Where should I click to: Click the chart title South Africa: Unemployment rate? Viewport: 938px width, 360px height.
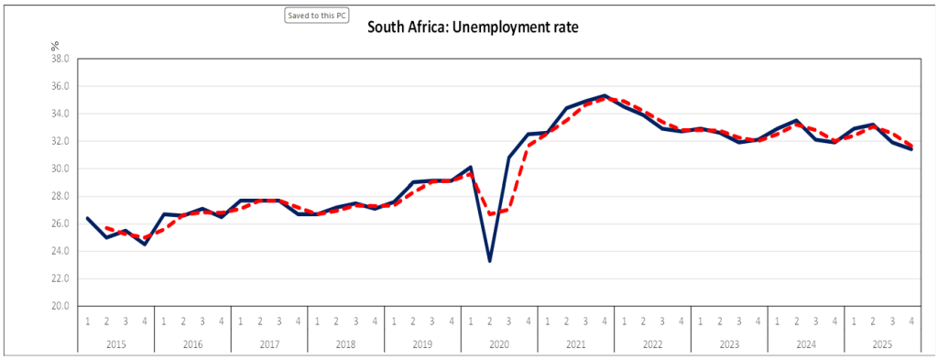473,27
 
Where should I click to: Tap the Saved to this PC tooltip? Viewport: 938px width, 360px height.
316,16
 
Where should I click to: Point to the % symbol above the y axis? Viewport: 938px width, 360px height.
55,46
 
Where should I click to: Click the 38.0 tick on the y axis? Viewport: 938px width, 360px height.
61,59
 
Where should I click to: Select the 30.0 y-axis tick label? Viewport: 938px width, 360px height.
61,169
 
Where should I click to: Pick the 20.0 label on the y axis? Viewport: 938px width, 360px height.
61,306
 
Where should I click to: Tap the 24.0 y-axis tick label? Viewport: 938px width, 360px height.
61,251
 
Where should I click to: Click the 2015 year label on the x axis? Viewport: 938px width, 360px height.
116,344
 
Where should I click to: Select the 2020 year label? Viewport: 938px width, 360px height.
499,344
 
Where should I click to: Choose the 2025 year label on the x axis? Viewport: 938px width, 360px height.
882,344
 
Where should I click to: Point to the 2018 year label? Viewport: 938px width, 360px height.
345,344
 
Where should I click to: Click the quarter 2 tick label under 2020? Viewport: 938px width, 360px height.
489,322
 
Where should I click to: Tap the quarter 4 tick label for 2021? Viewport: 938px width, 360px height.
605,322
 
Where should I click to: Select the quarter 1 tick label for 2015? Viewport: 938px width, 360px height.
87,322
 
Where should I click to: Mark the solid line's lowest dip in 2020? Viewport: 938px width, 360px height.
489,261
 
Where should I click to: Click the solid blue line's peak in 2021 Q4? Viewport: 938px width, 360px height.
605,95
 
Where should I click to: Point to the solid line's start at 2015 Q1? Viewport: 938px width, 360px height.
87,218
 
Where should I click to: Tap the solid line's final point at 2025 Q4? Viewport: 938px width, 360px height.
911,149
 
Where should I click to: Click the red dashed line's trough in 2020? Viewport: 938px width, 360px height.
489,214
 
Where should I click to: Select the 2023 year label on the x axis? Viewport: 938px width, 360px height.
729,344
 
